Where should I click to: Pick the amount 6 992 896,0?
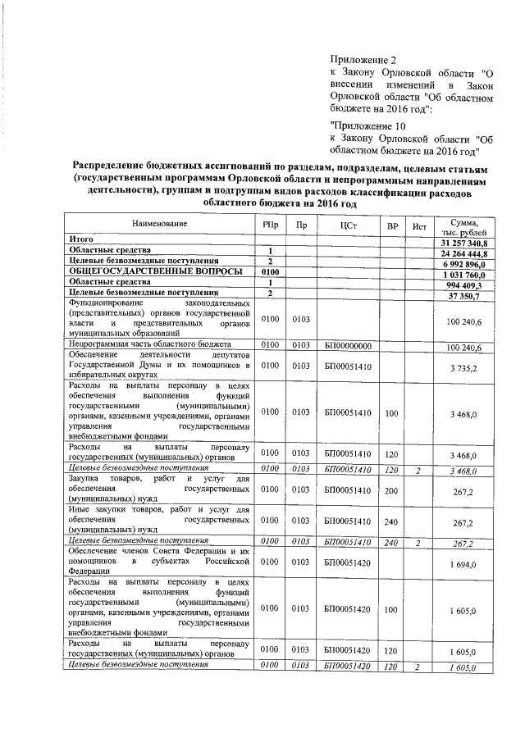(467, 265)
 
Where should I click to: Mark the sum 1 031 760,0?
(467, 275)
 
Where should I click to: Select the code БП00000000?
(349, 347)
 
